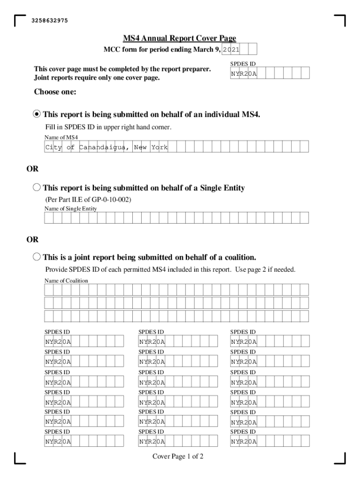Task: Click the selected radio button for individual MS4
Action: (x=37, y=114)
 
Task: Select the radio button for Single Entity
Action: (x=37, y=188)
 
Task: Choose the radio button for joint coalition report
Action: (x=37, y=257)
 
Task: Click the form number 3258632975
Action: (x=50, y=21)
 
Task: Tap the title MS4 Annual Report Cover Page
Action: (x=180, y=38)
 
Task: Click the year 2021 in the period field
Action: (x=231, y=50)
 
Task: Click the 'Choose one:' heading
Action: (x=55, y=92)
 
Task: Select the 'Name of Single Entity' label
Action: (x=71, y=209)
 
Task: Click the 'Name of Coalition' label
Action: (x=66, y=281)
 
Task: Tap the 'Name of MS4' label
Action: (x=61, y=137)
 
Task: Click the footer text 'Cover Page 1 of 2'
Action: (x=178, y=457)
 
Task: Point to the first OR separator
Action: (x=32, y=168)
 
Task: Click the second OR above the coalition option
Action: (x=32, y=239)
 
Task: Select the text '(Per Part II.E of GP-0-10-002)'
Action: (x=88, y=200)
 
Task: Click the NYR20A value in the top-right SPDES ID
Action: (x=244, y=74)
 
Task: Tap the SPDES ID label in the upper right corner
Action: (x=243, y=63)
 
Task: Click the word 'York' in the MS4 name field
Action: (x=159, y=147)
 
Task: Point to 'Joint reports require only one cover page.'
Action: (x=97, y=78)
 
